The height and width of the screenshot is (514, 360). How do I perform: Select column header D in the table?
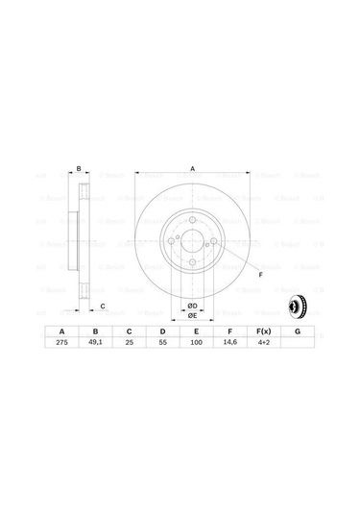(x=164, y=330)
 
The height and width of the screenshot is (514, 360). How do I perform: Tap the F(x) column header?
(x=264, y=330)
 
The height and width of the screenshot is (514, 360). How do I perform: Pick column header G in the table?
(x=298, y=330)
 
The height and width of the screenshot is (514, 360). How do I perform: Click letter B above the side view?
(x=79, y=169)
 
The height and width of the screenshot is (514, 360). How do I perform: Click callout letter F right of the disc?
(x=259, y=276)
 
